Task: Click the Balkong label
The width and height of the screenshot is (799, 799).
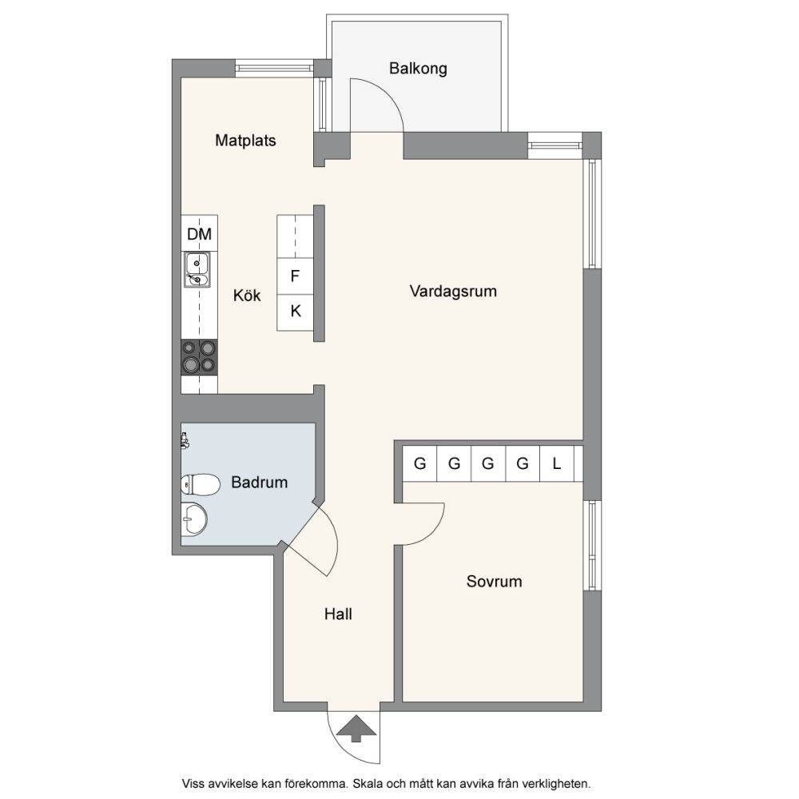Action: (418, 68)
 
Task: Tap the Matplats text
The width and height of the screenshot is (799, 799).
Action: (245, 140)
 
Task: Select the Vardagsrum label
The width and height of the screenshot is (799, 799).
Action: (453, 292)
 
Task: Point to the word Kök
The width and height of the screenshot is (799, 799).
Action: (247, 295)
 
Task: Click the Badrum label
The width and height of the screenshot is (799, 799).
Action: (260, 482)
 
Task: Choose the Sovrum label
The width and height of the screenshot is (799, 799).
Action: (495, 582)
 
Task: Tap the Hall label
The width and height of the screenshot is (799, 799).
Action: (338, 614)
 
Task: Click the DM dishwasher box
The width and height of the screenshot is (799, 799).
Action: (199, 233)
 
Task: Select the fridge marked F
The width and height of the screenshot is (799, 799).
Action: (295, 276)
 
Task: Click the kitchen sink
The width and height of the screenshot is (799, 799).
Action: (197, 270)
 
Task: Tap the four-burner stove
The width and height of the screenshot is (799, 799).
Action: (199, 357)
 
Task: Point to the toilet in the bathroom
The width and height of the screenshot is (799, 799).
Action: (201, 485)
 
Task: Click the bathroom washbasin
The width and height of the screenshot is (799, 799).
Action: (194, 519)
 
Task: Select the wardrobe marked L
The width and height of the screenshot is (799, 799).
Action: (556, 463)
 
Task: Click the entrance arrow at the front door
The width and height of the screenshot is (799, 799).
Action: (356, 729)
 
